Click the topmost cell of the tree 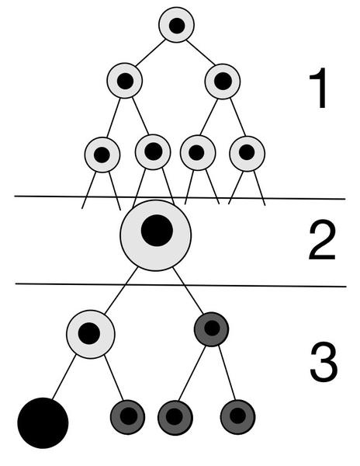click(177, 25)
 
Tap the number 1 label click(319, 89)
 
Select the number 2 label click(322, 240)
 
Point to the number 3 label click(324, 362)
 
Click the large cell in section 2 click(156, 235)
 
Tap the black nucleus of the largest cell click(157, 231)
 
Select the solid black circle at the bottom click(43, 423)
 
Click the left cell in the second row click(125, 81)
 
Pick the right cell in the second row click(223, 82)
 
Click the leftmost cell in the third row click(102, 155)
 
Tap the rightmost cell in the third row click(247, 154)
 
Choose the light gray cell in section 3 click(91, 335)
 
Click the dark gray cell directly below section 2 click(211, 329)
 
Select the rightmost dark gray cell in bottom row click(237, 417)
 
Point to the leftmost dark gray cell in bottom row click(127, 417)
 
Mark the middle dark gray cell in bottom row click(175, 418)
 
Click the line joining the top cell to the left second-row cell click(151, 53)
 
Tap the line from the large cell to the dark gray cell click(189, 290)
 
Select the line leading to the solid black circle click(64, 377)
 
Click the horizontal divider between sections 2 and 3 click(181, 285)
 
